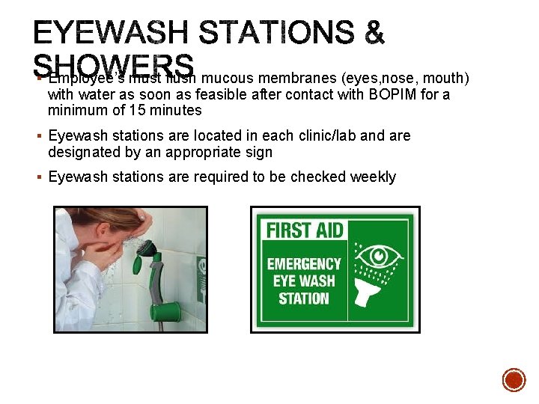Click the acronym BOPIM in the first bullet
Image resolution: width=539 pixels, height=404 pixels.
point(407,94)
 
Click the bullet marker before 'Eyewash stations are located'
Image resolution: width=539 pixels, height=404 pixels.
point(38,136)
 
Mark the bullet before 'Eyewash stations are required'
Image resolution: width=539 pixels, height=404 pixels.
point(38,177)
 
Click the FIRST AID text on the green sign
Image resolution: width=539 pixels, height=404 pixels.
point(305,230)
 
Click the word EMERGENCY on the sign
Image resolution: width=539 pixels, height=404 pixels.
point(304,264)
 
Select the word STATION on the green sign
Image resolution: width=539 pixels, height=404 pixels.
point(304,299)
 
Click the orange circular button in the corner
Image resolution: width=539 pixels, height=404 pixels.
point(514,379)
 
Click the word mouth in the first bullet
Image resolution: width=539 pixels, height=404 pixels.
point(446,77)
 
